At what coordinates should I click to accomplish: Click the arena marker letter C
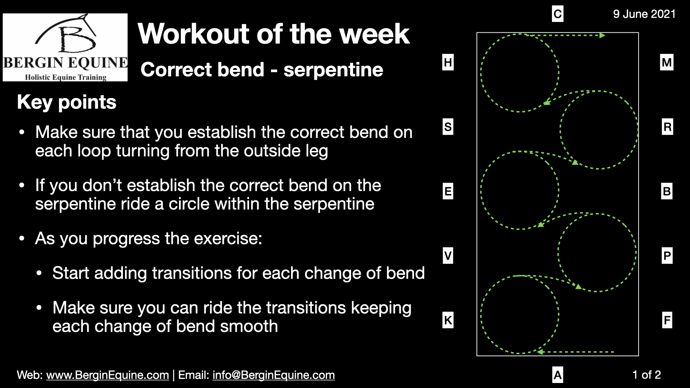557,14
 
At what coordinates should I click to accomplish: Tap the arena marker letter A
557,375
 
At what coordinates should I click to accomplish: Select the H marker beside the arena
448,63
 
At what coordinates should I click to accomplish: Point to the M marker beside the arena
667,63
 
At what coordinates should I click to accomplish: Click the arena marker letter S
448,127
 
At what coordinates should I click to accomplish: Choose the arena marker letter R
667,127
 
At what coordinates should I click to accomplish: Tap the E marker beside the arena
448,191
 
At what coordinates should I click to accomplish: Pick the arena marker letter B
667,191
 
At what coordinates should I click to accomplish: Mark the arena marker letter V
448,256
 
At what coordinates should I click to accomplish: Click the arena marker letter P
667,256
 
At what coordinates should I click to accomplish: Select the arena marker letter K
448,320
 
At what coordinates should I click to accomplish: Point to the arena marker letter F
667,320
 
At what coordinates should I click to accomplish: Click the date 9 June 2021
644,14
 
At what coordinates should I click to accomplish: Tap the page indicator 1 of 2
647,375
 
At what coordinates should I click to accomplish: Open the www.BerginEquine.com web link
107,375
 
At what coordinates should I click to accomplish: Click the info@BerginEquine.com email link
273,375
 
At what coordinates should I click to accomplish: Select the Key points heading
67,102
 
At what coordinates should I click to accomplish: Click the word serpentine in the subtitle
333,70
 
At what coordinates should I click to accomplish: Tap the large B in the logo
77,40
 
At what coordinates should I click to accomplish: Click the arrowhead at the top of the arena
602,35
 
